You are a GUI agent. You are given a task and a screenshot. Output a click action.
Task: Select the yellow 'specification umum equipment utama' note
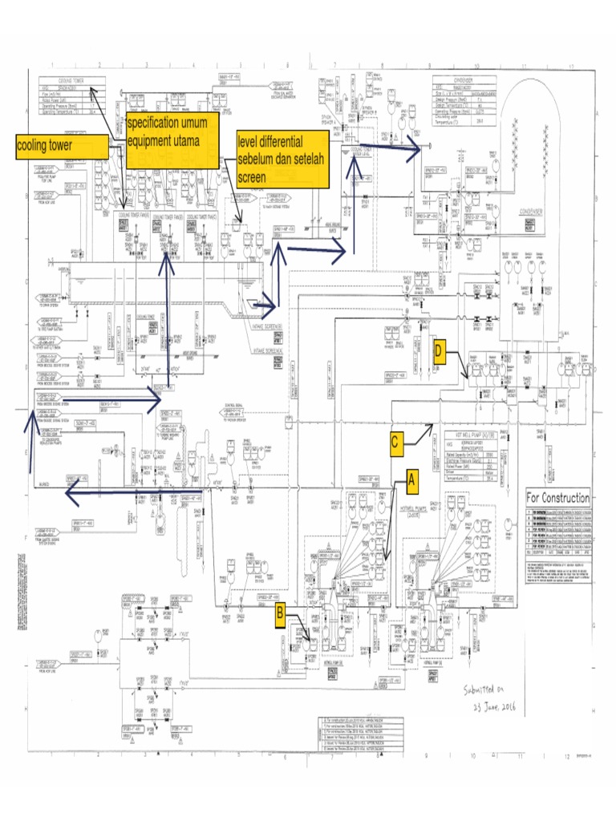pos(172,141)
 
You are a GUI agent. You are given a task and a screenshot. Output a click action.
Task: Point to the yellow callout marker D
pos(438,352)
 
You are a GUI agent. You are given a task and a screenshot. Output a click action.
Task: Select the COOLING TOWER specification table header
pos(73,81)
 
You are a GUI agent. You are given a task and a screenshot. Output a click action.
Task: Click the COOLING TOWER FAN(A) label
pos(133,217)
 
